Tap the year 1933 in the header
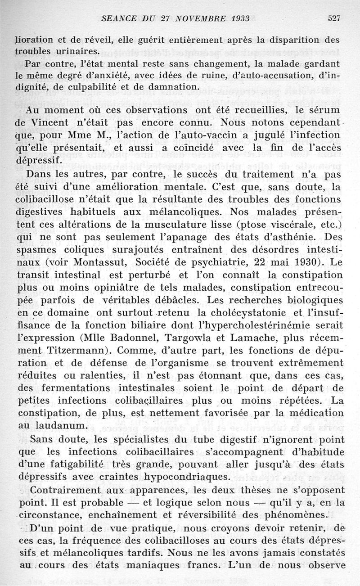[x=225, y=18]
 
